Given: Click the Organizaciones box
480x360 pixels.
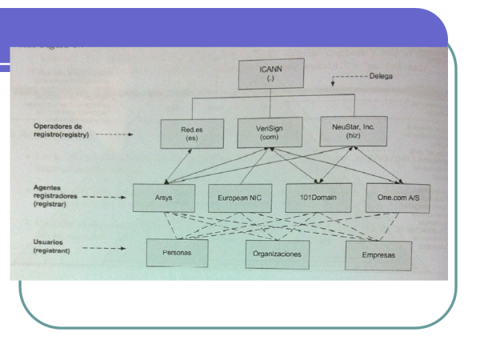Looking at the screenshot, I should pos(278,255).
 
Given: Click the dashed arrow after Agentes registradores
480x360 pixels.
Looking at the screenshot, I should pos(108,199).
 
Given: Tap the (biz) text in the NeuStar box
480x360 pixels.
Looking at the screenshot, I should pos(343,137).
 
